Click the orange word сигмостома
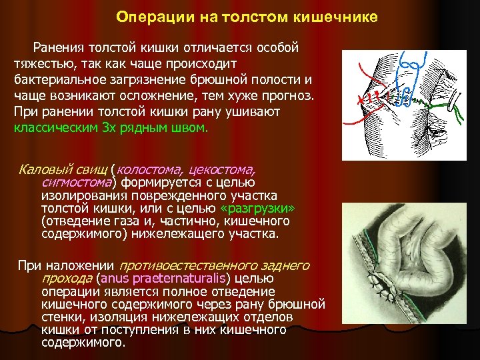click(76, 183)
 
